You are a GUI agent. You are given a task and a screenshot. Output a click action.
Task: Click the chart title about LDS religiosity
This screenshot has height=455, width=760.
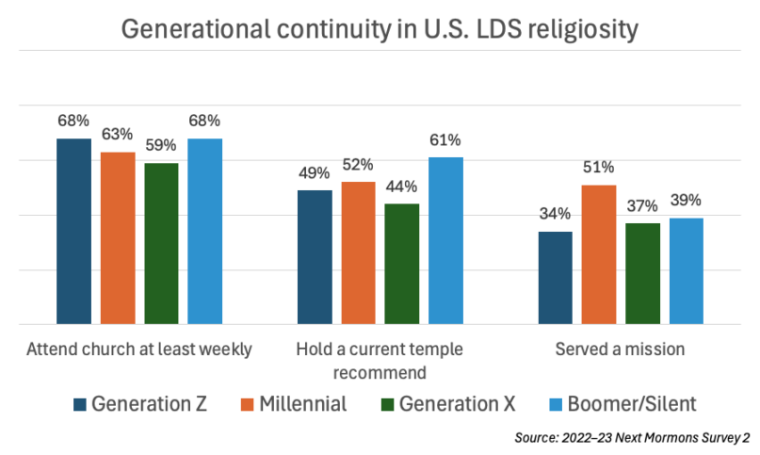[x=380, y=29]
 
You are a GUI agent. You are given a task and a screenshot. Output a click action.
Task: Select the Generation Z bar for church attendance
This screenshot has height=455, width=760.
[x=73, y=232]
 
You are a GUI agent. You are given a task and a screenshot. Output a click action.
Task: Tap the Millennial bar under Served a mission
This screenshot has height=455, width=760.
[x=598, y=254]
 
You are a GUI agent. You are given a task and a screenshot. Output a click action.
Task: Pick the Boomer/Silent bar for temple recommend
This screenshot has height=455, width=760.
[x=445, y=240]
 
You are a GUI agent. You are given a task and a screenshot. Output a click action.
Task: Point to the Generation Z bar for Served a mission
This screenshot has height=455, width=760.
[x=555, y=278]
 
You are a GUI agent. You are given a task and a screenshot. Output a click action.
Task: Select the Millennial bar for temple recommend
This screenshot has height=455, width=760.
[x=358, y=252]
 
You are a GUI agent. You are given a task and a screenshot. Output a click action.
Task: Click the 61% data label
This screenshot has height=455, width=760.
[x=445, y=140]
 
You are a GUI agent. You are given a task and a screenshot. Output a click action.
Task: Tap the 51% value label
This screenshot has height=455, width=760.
[x=598, y=168]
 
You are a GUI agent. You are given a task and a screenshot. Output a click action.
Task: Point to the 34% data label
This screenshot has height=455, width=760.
[x=555, y=214]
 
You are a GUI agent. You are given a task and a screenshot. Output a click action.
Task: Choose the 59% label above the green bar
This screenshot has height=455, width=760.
[x=161, y=146]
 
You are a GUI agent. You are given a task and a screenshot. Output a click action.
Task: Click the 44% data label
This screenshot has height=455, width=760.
[x=401, y=187]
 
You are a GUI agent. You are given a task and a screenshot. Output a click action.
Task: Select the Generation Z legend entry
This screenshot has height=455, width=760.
[x=141, y=403]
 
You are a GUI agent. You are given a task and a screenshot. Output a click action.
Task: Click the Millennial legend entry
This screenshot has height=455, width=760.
[x=297, y=403]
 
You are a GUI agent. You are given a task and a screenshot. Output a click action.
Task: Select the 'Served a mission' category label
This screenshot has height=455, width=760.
[x=620, y=349]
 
